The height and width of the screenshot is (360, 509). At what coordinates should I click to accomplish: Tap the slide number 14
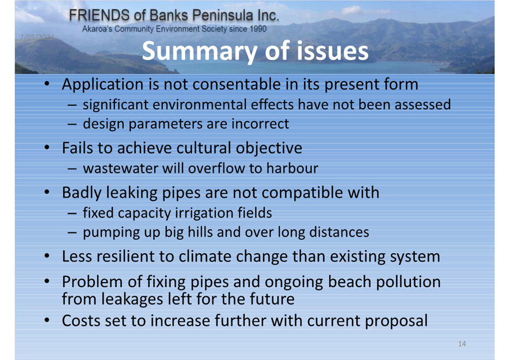tap(462, 344)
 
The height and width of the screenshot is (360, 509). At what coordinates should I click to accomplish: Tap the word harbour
tap(292, 168)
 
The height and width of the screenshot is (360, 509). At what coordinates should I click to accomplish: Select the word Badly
tap(82, 193)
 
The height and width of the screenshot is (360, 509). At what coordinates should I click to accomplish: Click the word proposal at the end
tap(396, 321)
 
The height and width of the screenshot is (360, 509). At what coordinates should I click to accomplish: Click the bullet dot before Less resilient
tap(47, 256)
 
